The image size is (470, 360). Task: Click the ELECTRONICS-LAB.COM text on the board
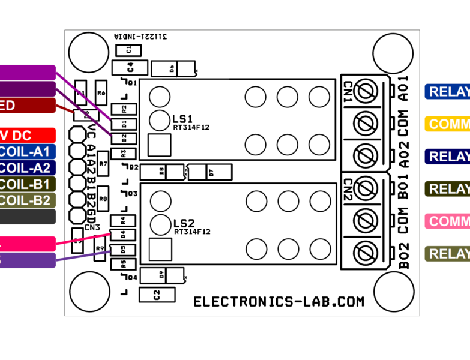(279, 302)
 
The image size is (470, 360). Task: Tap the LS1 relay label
(182, 118)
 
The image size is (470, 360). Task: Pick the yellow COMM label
(448, 124)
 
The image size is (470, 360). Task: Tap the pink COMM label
(448, 221)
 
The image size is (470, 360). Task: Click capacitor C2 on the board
(156, 295)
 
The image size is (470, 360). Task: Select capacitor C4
(129, 67)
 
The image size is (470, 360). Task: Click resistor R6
(101, 93)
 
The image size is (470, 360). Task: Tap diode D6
(173, 69)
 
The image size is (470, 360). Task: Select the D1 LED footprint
(124, 124)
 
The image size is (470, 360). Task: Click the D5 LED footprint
(123, 249)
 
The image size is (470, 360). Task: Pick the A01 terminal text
(404, 87)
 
